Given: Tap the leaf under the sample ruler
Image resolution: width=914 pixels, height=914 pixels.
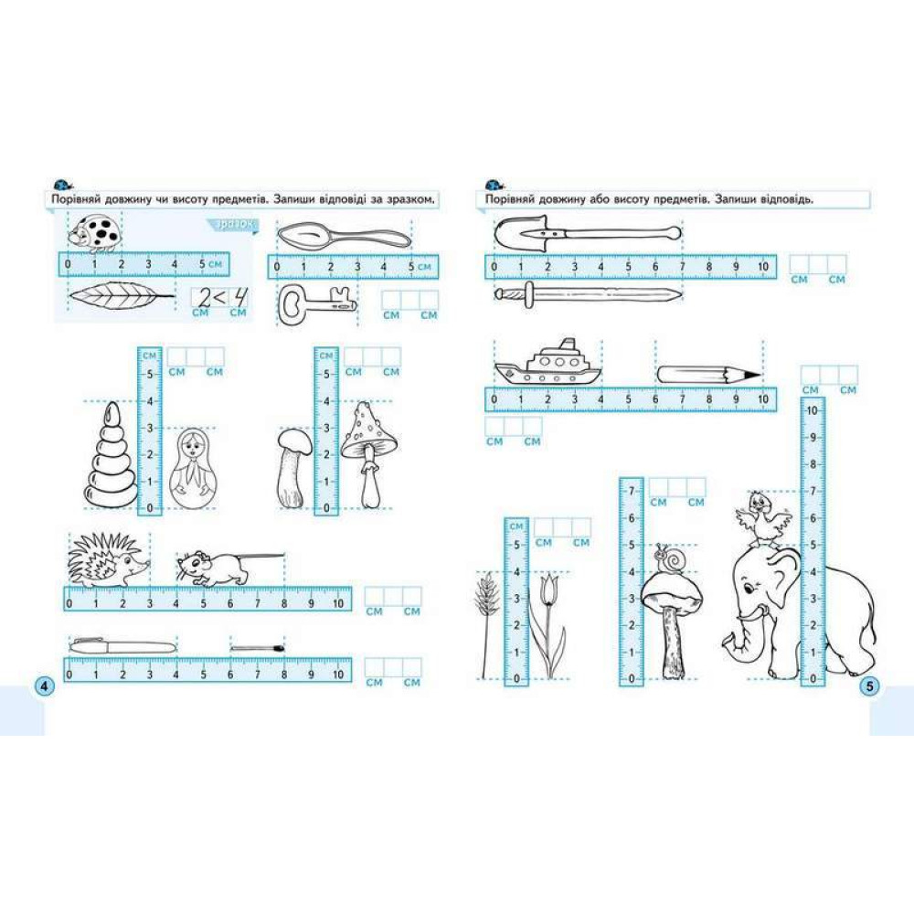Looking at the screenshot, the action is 122,296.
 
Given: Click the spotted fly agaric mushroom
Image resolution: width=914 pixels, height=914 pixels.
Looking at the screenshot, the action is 369,454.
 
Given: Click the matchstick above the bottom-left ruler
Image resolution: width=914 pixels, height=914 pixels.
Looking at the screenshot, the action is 257,648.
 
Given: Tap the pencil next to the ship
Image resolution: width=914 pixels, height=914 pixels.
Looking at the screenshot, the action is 709,375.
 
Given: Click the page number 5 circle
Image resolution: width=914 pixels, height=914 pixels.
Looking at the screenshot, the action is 869,686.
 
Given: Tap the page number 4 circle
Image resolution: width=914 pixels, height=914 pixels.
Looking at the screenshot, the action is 44,686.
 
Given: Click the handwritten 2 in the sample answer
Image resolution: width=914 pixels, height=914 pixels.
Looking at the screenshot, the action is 204,299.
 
